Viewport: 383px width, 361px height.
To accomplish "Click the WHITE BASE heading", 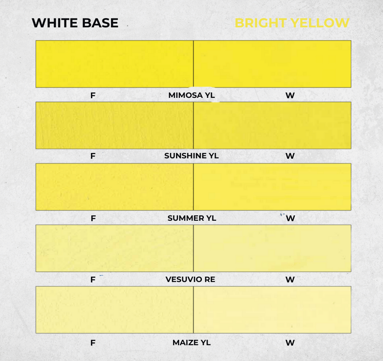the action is pyautogui.click(x=75, y=23).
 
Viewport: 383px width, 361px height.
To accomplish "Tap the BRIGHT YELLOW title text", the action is pyautogui.click(x=292, y=23).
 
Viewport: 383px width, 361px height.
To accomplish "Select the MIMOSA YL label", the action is pyautogui.click(x=191, y=95).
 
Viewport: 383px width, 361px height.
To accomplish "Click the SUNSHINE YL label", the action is pyautogui.click(x=191, y=156).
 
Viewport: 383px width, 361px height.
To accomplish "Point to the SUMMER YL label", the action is pyautogui.click(x=192, y=218).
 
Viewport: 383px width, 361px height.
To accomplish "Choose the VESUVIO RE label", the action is pyautogui.click(x=190, y=279).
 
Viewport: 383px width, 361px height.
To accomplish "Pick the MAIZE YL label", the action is pyautogui.click(x=191, y=343).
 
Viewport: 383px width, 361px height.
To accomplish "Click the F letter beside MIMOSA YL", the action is pyautogui.click(x=93, y=96).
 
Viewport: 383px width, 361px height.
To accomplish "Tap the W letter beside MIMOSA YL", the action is pyautogui.click(x=290, y=96).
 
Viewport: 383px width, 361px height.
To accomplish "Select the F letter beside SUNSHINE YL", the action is pyautogui.click(x=93, y=156).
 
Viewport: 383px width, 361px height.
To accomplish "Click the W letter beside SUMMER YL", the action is pyautogui.click(x=290, y=218).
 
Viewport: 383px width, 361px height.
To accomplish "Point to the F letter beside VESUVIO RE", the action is pyautogui.click(x=93, y=280).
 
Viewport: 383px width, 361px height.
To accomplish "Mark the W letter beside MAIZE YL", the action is pyautogui.click(x=290, y=343).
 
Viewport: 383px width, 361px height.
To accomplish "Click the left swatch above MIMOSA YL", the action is pyautogui.click(x=114, y=64).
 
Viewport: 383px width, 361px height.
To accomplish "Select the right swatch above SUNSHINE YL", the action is pyautogui.click(x=272, y=125).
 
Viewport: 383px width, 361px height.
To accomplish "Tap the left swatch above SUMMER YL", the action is pyautogui.click(x=114, y=187).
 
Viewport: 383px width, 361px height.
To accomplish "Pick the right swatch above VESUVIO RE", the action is pyautogui.click(x=272, y=248).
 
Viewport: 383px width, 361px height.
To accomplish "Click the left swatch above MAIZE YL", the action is pyautogui.click(x=114, y=310).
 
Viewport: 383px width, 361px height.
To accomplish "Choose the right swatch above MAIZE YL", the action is pyautogui.click(x=272, y=310).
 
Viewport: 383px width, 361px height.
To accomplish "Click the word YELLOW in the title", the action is pyautogui.click(x=320, y=23).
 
